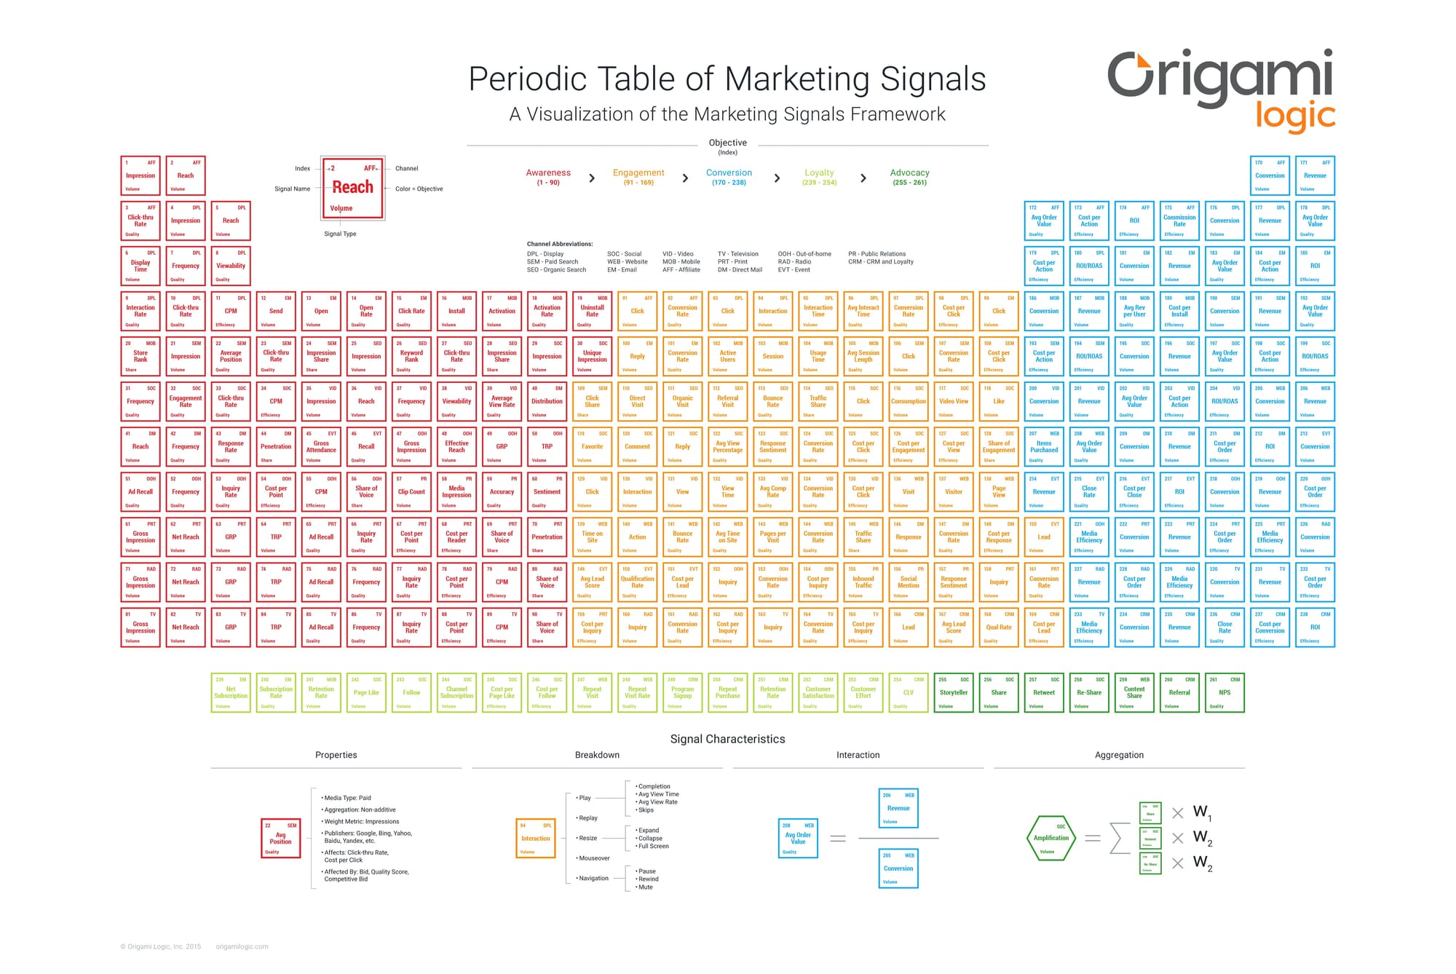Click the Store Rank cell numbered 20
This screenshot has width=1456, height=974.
tap(141, 356)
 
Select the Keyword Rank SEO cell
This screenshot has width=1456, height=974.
tap(411, 356)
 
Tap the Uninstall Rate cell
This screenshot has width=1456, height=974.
tap(592, 311)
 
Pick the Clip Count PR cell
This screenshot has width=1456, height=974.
tap(411, 491)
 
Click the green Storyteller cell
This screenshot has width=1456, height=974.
tap(954, 692)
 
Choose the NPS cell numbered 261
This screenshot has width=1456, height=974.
tap(1224, 692)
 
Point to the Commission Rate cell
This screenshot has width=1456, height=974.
tap(1179, 221)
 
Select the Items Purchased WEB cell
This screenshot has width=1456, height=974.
tap(1044, 446)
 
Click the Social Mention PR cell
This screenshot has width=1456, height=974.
tap(909, 582)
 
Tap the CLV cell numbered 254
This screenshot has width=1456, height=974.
tap(909, 692)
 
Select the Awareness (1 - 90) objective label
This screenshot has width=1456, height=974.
tap(548, 177)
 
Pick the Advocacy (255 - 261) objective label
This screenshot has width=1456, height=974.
tap(909, 177)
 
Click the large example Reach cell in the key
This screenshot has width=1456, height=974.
tap(353, 189)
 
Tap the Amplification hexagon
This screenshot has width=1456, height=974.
tap(1051, 838)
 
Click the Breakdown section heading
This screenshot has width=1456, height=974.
tap(597, 755)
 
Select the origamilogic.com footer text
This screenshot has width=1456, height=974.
tap(242, 947)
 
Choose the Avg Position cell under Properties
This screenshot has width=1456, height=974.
tap(281, 838)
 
